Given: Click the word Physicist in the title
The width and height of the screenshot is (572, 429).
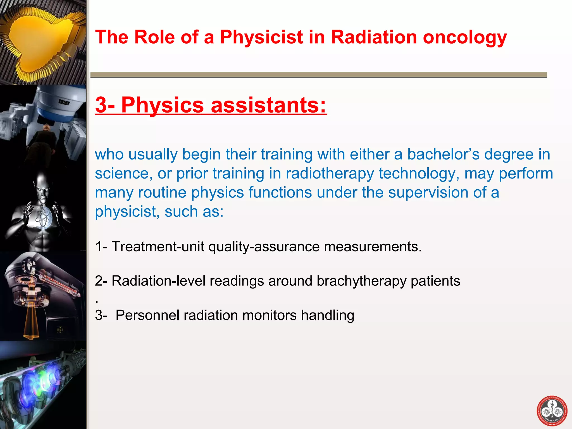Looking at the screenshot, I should pos(261,37).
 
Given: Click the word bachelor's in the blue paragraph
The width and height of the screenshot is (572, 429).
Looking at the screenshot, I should pos(443,154).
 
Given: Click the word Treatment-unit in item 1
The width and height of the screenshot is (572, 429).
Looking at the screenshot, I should pos(158,247).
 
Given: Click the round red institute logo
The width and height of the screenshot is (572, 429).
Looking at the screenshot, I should pos(552,411).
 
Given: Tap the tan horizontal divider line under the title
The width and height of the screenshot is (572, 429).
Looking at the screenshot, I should pos(318,75).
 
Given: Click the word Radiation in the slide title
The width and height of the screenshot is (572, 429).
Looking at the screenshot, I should pos(374,37).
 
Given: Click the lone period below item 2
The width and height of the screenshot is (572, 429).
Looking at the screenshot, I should pos(97,302).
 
